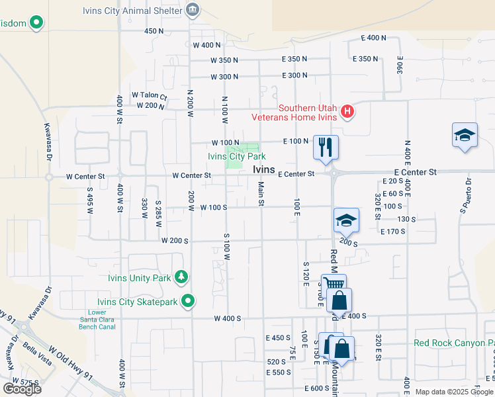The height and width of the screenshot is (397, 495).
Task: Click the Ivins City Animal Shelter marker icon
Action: (193, 9)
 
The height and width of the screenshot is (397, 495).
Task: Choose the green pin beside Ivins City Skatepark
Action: (189, 302)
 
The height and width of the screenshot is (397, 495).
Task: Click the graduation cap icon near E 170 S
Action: (346, 220)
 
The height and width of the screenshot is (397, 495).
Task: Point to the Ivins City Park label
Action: (237, 157)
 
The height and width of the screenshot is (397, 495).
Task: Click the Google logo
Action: (22, 388)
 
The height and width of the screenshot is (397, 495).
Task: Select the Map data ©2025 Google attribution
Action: (453, 392)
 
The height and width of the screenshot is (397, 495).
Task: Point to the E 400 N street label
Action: (373, 38)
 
